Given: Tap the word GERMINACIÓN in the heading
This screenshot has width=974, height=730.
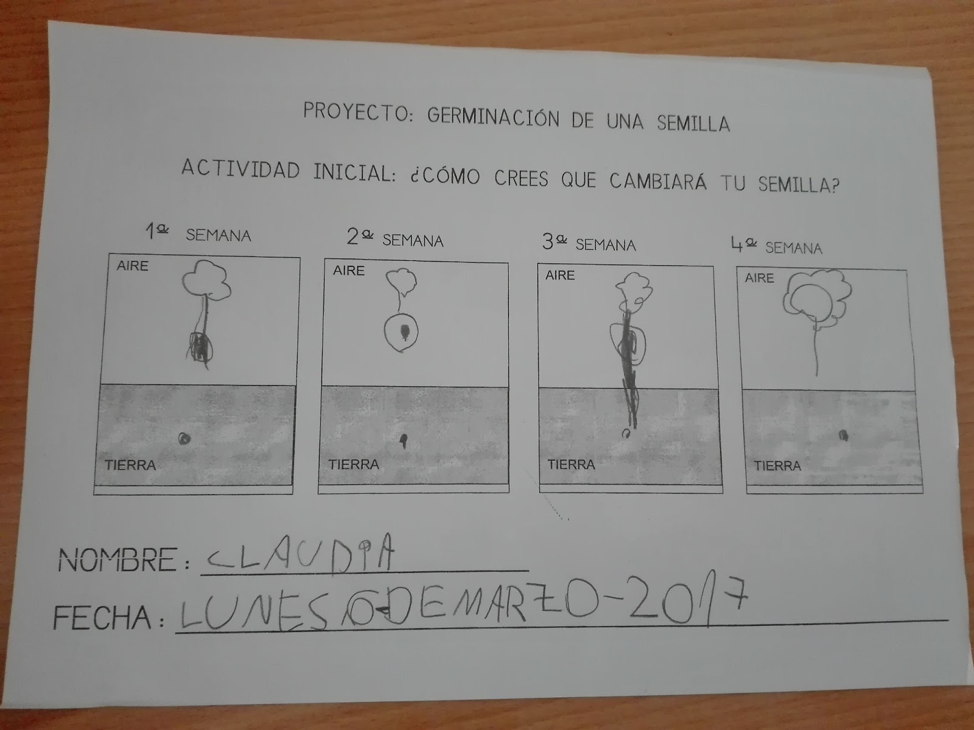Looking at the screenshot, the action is [493, 117].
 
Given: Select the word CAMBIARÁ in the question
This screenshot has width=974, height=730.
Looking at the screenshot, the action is [657, 181].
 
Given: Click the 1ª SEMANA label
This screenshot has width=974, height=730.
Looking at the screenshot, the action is [198, 233].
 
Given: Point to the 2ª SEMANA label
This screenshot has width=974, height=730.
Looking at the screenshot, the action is [395, 238].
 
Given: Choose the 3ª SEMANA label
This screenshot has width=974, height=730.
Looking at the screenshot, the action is [589, 243].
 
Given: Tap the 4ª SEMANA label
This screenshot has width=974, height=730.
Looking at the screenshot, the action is [777, 246].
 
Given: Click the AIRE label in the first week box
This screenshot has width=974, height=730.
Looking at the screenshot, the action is [132, 265].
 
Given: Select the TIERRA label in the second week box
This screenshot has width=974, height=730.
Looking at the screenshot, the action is [354, 464].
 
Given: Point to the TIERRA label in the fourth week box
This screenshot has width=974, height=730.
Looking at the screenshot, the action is [777, 465].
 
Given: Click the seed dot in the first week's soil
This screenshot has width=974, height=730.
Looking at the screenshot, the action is [184, 439].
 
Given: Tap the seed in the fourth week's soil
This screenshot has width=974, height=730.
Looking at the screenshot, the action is [843, 435].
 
